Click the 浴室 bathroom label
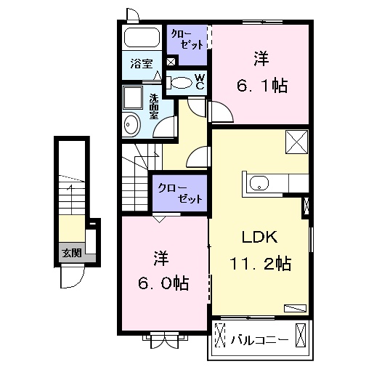(x=142, y=64)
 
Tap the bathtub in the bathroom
(x=142, y=37)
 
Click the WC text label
(x=200, y=81)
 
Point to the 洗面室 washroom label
(x=154, y=106)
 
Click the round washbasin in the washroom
(x=131, y=124)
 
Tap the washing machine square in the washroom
(x=133, y=98)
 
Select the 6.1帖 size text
(x=262, y=86)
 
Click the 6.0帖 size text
(x=163, y=283)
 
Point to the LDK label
(x=260, y=237)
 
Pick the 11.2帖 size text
(x=261, y=264)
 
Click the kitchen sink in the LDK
(x=259, y=183)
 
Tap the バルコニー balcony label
(x=260, y=339)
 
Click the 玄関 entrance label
(x=72, y=253)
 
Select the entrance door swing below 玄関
(x=72, y=277)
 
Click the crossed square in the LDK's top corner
(x=297, y=142)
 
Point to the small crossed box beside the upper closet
(x=171, y=62)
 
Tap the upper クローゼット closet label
(x=187, y=40)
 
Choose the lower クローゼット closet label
(x=180, y=193)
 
